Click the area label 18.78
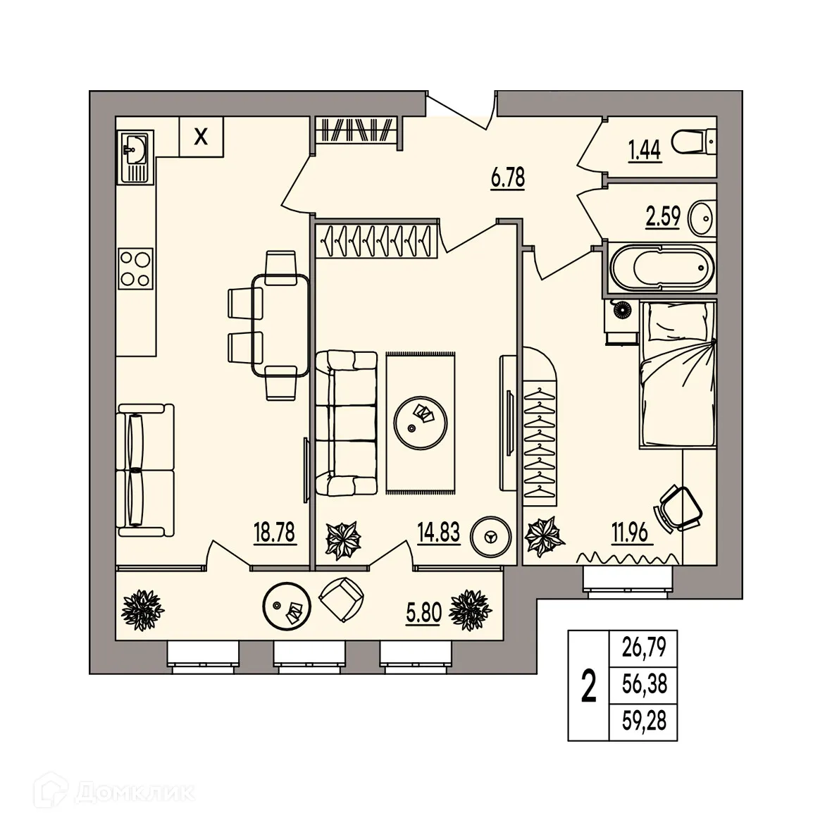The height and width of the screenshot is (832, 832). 274,533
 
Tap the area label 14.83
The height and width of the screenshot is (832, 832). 439,533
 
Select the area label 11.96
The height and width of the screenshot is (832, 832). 630,533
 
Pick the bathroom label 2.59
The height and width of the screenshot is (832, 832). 663,217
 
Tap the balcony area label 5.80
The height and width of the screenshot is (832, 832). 424,614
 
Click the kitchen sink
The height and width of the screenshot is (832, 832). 136,157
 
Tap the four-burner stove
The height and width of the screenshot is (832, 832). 135,268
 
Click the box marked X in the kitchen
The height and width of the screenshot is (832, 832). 201,137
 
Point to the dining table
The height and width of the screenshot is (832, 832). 280,325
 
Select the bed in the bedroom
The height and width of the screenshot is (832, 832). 678,373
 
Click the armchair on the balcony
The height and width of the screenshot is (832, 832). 342,600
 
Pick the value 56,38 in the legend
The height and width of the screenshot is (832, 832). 644,684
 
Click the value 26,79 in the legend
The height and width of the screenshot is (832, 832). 644,647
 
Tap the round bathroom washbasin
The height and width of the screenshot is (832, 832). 702,216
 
